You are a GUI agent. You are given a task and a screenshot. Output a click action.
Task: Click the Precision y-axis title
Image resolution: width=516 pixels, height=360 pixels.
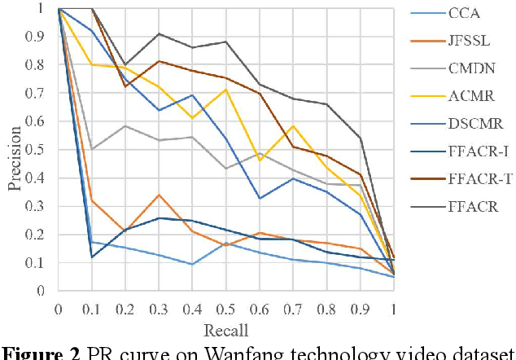[14, 149]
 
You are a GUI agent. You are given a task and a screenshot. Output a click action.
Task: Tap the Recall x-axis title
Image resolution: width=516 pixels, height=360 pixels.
[225, 330]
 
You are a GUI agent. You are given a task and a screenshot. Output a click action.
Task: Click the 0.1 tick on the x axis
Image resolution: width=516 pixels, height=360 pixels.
[92, 309]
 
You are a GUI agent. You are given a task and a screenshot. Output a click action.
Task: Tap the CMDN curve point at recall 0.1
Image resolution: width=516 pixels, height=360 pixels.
[92, 149]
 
